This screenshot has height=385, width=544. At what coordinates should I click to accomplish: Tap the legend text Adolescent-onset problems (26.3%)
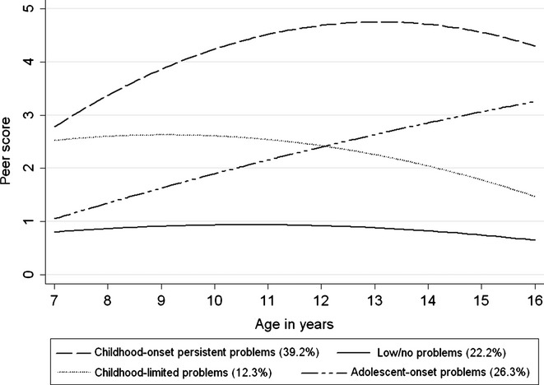tap(446, 367)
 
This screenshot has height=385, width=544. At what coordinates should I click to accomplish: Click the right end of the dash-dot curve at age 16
tap(535, 101)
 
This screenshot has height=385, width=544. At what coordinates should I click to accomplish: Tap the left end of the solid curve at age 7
tap(55, 232)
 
